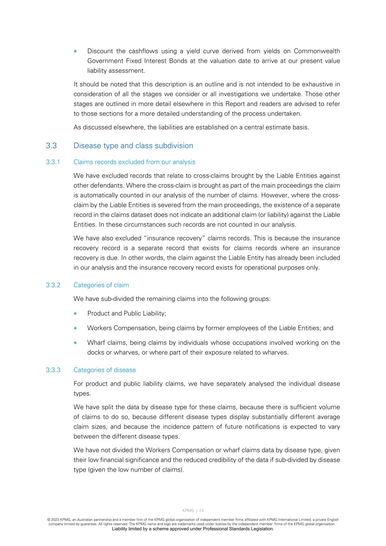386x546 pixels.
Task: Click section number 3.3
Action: point(51,146)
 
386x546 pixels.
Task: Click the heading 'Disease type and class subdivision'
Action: point(133,146)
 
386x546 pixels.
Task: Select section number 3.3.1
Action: point(53,162)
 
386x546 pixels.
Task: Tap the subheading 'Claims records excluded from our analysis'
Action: point(134,162)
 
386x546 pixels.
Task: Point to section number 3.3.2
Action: point(53,285)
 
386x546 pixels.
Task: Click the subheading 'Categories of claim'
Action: point(101,285)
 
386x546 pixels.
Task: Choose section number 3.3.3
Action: point(53,370)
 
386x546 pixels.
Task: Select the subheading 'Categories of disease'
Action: point(105,370)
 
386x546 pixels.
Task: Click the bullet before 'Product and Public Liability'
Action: point(75,314)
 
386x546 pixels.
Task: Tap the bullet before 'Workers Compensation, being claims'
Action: point(75,328)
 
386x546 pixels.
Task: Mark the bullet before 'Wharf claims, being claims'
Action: point(75,343)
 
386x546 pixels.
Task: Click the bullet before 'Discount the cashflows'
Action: point(75,51)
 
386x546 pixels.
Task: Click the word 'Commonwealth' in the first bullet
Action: point(317,51)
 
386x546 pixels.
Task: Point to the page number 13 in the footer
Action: point(201,510)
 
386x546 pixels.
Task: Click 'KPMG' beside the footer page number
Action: point(188,510)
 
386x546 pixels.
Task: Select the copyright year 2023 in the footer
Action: point(55,520)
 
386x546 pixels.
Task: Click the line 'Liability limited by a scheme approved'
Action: point(193,529)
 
